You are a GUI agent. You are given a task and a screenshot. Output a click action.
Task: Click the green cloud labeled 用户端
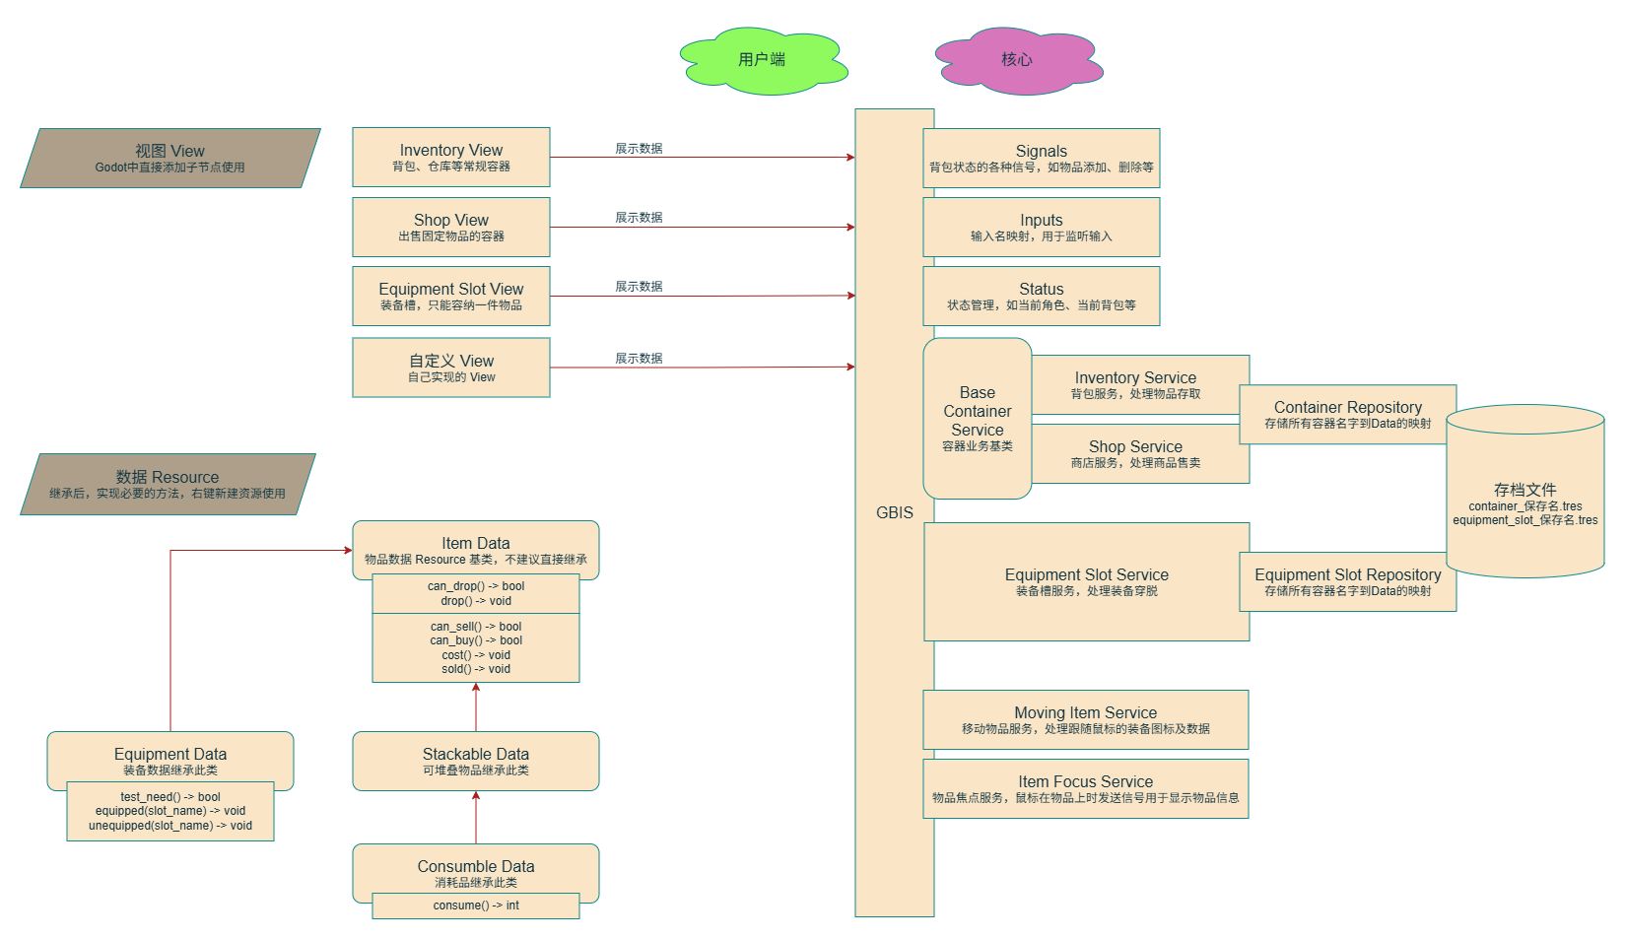pos(762,60)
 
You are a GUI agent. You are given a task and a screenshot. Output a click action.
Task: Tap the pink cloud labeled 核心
pos(1017,60)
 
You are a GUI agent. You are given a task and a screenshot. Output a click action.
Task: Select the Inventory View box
pos(451,158)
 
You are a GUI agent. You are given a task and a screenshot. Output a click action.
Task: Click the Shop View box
pos(451,228)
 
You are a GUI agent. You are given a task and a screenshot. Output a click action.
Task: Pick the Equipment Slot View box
pos(451,297)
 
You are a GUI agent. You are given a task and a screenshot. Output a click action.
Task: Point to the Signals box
pos(1041,158)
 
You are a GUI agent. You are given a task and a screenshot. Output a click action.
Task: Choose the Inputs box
pos(1041,228)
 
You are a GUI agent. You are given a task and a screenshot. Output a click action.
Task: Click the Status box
pos(1041,297)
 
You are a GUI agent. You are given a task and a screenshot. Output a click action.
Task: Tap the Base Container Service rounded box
pos(977,419)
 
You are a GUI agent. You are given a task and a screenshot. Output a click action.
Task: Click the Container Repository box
pos(1347,415)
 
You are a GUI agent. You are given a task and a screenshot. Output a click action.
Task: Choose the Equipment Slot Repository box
pos(1347,582)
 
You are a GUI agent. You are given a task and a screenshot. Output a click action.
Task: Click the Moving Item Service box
pos(1085,720)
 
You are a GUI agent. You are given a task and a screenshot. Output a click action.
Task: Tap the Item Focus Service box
pos(1085,789)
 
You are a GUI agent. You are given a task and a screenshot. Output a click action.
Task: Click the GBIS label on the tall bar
pos(895,512)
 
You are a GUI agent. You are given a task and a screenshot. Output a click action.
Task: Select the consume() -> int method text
pos(476,905)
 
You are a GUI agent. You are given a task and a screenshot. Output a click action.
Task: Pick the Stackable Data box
pos(476,761)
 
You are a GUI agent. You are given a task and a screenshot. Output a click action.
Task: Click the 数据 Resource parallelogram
pos(168,484)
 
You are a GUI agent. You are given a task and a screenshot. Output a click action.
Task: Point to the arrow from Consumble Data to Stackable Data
pos(476,817)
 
